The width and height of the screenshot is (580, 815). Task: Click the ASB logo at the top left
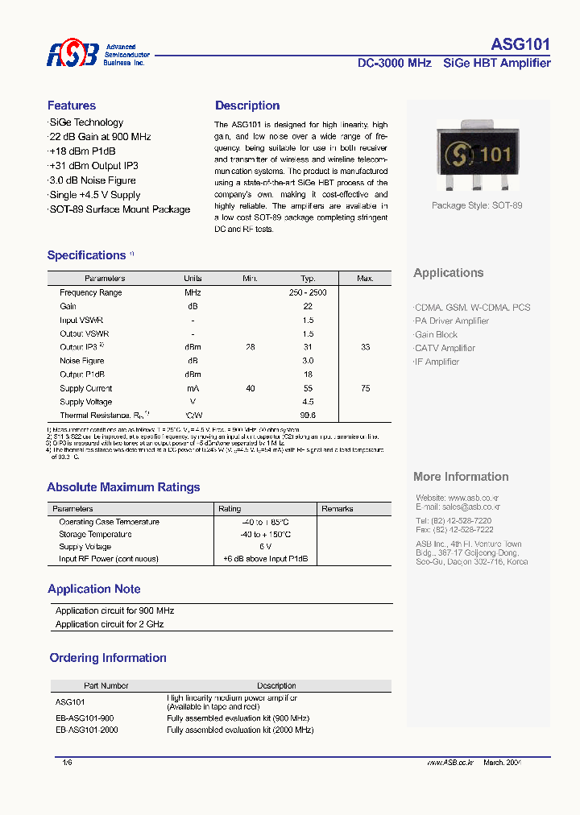point(72,55)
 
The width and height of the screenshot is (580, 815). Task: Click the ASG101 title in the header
point(520,45)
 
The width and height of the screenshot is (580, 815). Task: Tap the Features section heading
point(72,105)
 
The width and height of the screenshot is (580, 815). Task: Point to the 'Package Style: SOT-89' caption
point(477,205)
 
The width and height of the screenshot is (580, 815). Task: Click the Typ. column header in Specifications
point(308,279)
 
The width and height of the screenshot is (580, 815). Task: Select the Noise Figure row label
point(82,361)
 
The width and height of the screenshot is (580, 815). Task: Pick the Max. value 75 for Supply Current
point(366,388)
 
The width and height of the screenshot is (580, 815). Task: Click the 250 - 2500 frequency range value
point(308,292)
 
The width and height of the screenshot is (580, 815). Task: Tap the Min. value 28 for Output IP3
point(251,347)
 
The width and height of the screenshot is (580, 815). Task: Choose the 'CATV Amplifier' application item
point(445,348)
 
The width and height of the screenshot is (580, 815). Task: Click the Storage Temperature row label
point(96,534)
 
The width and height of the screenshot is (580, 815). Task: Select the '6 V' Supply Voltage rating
point(265,546)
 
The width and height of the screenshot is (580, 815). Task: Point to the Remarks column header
point(338,509)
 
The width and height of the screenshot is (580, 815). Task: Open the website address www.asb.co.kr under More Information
point(476,498)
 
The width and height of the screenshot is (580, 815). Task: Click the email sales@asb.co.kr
point(471,507)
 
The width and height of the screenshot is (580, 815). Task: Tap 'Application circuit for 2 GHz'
point(110,624)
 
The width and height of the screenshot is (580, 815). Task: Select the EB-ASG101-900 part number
point(85,718)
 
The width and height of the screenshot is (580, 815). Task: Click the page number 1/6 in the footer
point(67,762)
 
